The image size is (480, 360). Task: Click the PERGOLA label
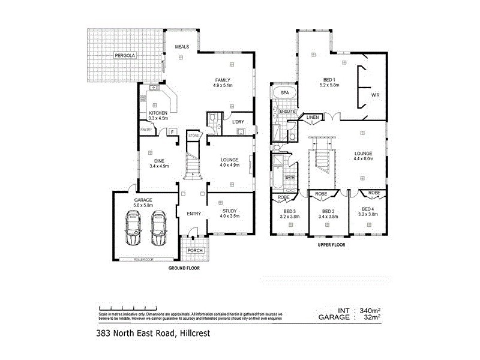coord(126,56)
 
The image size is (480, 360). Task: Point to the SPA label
coord(285,93)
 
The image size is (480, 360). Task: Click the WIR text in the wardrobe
coord(376,95)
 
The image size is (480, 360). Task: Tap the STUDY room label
coord(229,211)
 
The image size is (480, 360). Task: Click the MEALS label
coord(182,46)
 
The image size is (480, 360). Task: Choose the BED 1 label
coord(331,80)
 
